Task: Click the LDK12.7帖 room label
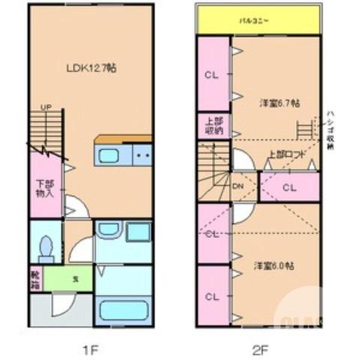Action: pyautogui.click(x=89, y=67)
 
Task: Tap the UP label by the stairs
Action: pyautogui.click(x=45, y=106)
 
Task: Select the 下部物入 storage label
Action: pyautogui.click(x=45, y=187)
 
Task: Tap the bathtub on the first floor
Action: pyautogui.click(x=123, y=309)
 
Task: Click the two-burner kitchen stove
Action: pyautogui.click(x=142, y=157)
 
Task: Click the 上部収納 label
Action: pyautogui.click(x=213, y=125)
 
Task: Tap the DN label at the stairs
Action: pyautogui.click(x=237, y=186)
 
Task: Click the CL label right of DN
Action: pyautogui.click(x=288, y=187)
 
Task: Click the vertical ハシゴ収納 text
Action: pyautogui.click(x=329, y=132)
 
